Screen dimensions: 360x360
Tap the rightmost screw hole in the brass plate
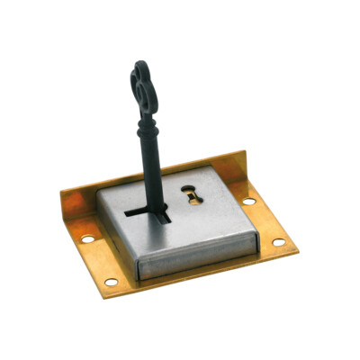pos(278,242)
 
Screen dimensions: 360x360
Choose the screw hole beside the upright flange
pos(247,201)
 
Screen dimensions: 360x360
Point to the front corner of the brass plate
pos(103,295)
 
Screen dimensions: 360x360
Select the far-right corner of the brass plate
pos(298,247)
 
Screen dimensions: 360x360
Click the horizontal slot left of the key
pos(140,214)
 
